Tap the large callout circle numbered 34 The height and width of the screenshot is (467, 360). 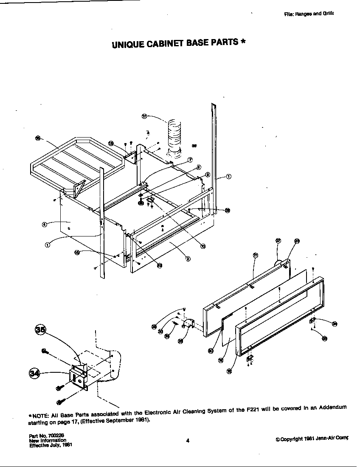point(34,373)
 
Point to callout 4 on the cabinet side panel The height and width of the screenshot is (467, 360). point(44,224)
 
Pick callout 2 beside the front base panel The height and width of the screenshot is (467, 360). point(188,259)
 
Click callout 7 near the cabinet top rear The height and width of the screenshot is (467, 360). point(190,160)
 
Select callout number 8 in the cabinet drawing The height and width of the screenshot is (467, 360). point(199,167)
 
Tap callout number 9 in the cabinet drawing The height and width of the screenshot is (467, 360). point(207,174)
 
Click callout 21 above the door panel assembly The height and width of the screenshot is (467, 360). point(255,255)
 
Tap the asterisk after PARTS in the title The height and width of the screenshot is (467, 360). point(243,42)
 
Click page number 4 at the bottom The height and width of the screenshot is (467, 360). point(187,440)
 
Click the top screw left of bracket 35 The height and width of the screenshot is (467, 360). point(44,351)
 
